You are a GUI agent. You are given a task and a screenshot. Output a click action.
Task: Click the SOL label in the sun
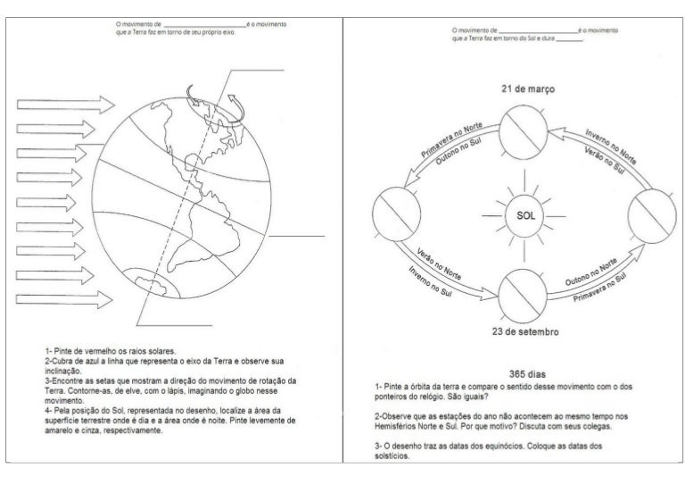tap(519, 215)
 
